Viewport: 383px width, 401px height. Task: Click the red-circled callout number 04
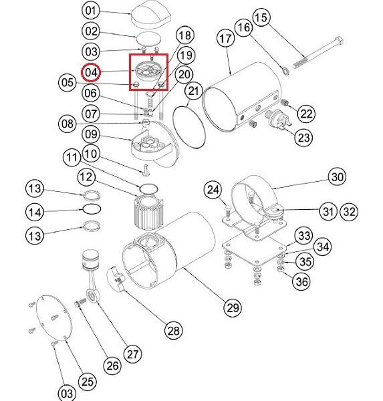91,72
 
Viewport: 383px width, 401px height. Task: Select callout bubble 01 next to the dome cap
91,11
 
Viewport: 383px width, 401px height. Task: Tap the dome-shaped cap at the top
150,14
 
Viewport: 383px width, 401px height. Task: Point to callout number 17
225,39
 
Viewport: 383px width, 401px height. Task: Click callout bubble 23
304,137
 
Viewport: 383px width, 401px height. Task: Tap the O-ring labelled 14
91,209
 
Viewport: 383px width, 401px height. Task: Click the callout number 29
233,307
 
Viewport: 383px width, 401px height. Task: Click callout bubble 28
174,331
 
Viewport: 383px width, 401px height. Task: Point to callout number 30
337,177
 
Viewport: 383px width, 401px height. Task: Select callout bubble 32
349,211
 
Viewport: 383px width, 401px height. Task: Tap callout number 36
301,281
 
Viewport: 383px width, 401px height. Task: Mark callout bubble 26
112,366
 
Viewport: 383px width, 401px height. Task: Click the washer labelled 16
285,71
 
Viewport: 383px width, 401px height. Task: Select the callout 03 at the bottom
67,393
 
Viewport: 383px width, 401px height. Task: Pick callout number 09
91,134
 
